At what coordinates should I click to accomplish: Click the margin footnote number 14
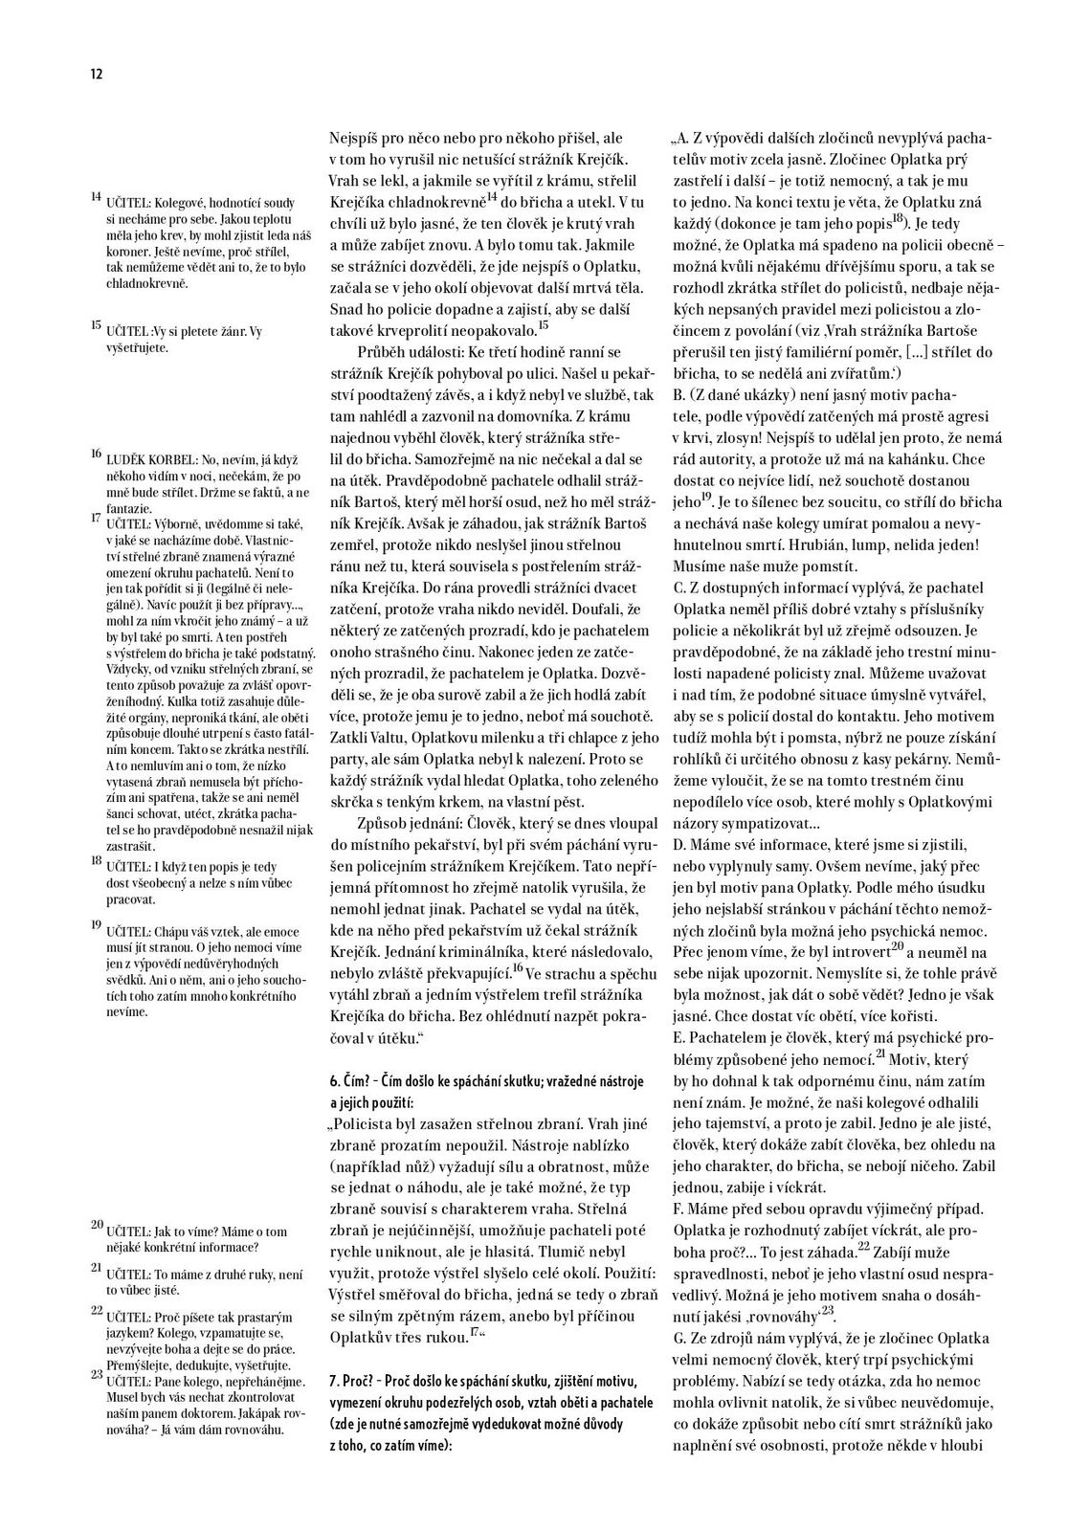click(x=96, y=196)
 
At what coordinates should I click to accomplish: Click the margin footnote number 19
click(x=96, y=924)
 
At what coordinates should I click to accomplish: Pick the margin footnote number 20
click(x=96, y=1224)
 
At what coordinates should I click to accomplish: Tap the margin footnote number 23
click(x=96, y=1374)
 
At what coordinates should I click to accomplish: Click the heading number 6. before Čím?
click(x=335, y=1080)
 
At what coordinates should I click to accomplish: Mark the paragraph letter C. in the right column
click(x=679, y=587)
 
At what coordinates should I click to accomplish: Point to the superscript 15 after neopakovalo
click(x=544, y=325)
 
